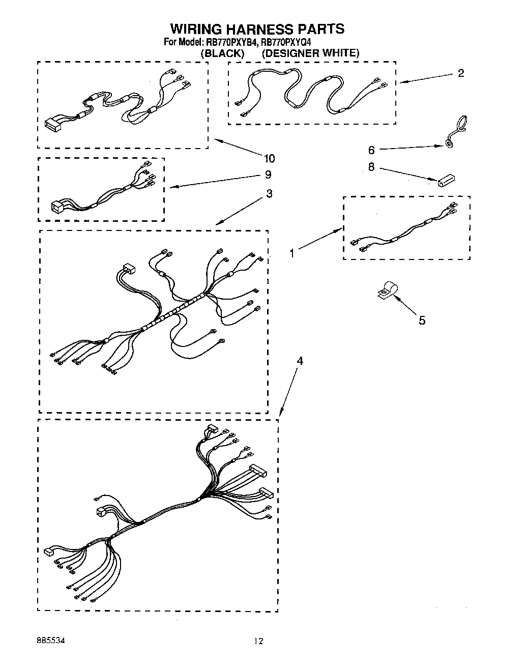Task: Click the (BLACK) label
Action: (x=222, y=53)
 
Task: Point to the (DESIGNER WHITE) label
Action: (x=310, y=53)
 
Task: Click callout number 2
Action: (x=460, y=73)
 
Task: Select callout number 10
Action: (x=269, y=158)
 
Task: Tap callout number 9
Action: (x=268, y=175)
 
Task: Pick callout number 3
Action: (x=269, y=194)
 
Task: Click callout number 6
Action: (x=371, y=150)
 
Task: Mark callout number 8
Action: (x=371, y=167)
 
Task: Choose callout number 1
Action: (x=292, y=253)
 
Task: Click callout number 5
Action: (x=422, y=321)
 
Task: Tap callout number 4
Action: (x=300, y=361)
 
